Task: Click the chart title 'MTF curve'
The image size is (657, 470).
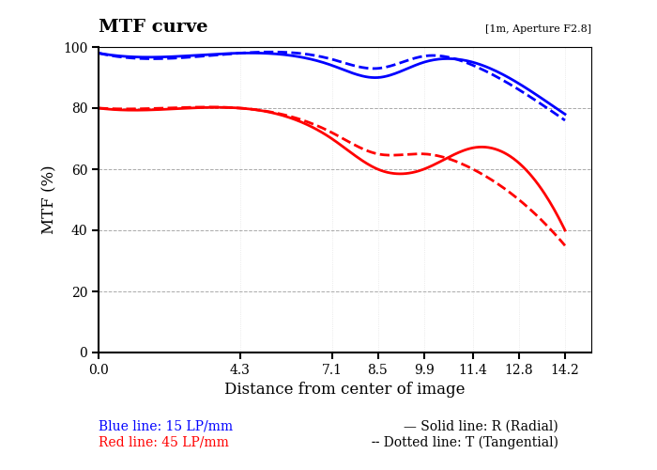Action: point(153,26)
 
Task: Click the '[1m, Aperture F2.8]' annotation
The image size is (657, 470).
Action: point(538,29)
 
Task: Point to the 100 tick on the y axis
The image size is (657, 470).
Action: point(75,48)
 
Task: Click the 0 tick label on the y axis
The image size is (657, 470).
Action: point(83,352)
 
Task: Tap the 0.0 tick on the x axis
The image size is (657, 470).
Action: point(99,369)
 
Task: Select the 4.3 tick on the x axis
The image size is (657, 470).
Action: point(240,369)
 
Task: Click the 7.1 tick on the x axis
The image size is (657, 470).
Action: point(332,369)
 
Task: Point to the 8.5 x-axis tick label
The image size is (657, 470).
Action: point(377,369)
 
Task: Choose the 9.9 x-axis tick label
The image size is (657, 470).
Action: point(424,369)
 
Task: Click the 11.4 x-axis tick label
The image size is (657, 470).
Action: point(473,369)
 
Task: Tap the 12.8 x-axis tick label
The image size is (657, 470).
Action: point(519,369)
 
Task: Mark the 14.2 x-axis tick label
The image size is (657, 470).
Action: point(565,369)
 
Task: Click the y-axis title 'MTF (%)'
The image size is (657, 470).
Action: point(49,199)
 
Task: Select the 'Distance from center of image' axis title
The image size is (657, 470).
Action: point(344,389)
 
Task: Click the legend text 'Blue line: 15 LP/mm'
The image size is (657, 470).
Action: point(165,427)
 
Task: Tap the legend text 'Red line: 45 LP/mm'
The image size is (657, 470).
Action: point(163,443)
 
